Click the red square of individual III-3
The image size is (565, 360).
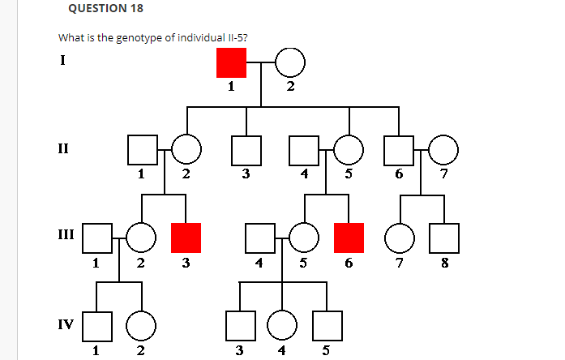186,237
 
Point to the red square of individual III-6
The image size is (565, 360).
349,237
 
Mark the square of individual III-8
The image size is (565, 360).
443,237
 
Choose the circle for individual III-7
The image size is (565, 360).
399,237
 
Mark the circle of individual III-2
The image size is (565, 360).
142,237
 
